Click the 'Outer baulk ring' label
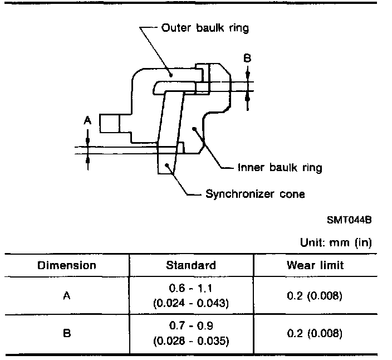click(x=205, y=28)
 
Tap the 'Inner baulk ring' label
click(x=280, y=167)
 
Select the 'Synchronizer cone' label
click(x=255, y=194)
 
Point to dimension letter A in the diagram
click(x=87, y=120)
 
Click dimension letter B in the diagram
click(x=247, y=59)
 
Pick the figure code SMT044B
click(x=349, y=220)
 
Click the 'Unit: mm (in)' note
click(x=336, y=242)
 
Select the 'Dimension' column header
click(x=67, y=265)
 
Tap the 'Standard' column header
click(x=191, y=265)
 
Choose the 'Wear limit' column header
click(x=315, y=265)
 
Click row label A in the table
click(x=67, y=296)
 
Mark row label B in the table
click(x=67, y=333)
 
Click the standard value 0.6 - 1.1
click(x=190, y=288)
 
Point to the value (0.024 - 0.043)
click(x=191, y=303)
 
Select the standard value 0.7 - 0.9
click(x=191, y=325)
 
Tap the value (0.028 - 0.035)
click(x=191, y=340)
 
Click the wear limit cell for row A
click(x=314, y=296)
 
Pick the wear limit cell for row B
click(x=314, y=333)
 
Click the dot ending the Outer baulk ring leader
click(x=171, y=75)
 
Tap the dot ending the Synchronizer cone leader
click(x=166, y=165)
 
